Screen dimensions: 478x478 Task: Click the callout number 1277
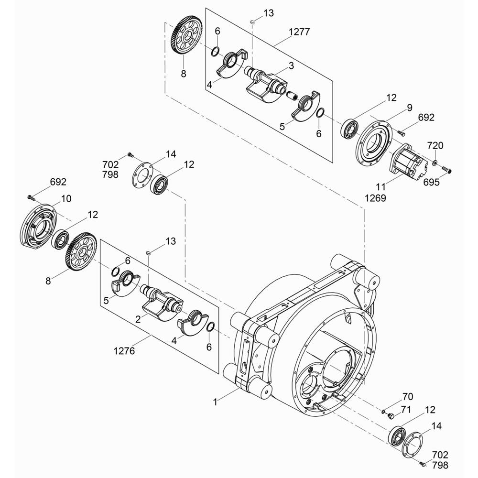(x=299, y=32)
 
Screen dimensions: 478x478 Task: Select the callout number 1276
(x=124, y=351)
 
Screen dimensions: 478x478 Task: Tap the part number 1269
(x=376, y=198)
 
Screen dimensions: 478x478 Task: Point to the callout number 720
(x=435, y=145)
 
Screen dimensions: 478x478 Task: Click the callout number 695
(x=431, y=182)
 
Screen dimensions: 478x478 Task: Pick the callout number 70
(x=408, y=396)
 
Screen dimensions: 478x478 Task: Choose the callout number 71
(x=406, y=410)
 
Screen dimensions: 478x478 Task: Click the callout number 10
(x=66, y=198)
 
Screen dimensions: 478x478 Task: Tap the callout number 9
(x=410, y=108)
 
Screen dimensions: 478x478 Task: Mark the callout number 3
(x=292, y=65)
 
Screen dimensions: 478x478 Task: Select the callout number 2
(x=138, y=319)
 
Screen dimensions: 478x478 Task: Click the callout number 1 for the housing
(x=215, y=402)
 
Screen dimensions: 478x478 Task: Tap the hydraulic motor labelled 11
(x=409, y=161)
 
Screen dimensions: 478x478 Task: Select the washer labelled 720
(x=435, y=161)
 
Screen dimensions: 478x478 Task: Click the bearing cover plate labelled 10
(x=38, y=224)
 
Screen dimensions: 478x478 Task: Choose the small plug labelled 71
(x=391, y=415)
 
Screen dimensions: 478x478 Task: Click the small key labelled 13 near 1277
(x=252, y=22)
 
